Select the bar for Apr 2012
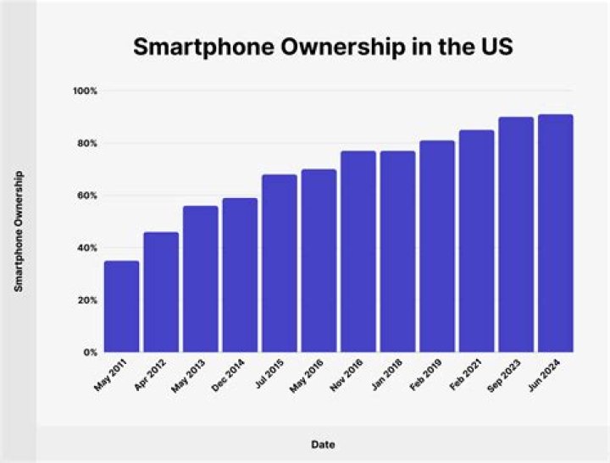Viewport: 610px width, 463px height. point(161,292)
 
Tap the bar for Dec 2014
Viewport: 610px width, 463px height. point(240,275)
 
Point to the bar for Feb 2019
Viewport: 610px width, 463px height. point(437,246)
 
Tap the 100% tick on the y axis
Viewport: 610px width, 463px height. point(86,91)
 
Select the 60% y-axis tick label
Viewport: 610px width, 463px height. point(88,196)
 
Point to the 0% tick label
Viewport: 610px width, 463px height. point(91,352)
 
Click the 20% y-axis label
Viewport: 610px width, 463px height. point(88,300)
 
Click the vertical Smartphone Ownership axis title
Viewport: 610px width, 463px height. point(18,231)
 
